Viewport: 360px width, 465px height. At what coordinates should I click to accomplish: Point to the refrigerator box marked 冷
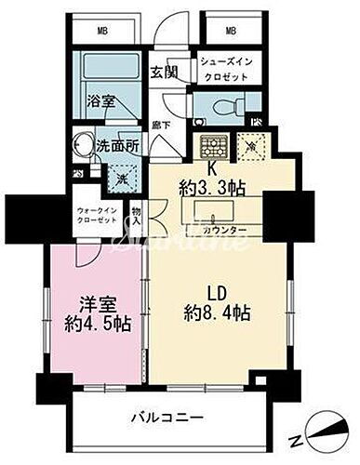click(251, 145)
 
